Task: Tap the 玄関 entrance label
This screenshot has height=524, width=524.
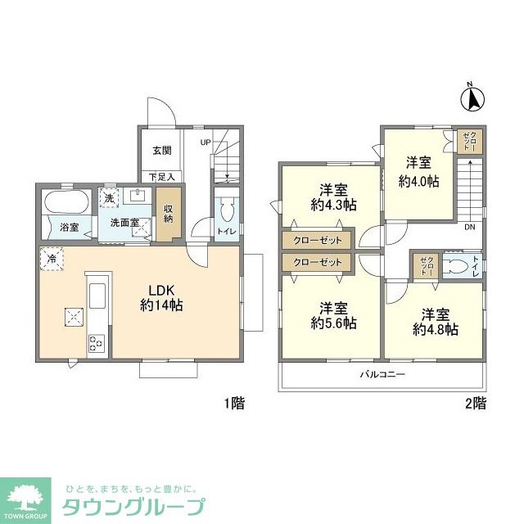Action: (162, 151)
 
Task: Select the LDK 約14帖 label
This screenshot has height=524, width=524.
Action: (161, 298)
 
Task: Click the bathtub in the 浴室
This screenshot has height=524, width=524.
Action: (67, 201)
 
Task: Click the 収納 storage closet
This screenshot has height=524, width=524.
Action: (169, 214)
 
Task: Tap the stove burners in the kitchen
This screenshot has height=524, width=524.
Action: (97, 343)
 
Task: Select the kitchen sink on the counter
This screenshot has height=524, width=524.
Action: (97, 296)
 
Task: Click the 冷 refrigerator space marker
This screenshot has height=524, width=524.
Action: (52, 259)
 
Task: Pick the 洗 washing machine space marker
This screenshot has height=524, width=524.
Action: (109, 198)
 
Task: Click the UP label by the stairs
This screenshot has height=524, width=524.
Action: (206, 142)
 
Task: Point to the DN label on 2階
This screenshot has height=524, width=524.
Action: (469, 228)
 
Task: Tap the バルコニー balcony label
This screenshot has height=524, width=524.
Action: (382, 374)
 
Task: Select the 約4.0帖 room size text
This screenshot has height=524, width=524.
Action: (418, 182)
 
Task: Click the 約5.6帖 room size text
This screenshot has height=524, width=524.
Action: (333, 323)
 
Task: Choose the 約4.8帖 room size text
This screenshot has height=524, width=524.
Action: (435, 330)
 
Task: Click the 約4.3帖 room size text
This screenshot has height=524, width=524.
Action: (333, 205)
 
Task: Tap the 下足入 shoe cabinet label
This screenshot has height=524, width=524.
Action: (162, 177)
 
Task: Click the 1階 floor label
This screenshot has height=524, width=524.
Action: (234, 404)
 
